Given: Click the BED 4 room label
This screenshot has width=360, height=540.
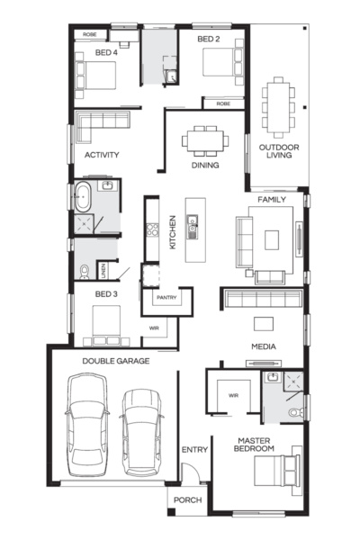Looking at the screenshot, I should tap(106, 52).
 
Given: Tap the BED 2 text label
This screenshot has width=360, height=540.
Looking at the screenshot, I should tap(208, 40).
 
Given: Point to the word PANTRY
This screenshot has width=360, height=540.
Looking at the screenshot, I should tap(166, 297).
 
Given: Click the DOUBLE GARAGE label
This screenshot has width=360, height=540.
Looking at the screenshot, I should tap(115, 361).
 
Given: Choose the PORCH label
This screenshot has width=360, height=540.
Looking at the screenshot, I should tap(187, 501).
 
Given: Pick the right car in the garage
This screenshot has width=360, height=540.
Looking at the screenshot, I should tap(140, 431).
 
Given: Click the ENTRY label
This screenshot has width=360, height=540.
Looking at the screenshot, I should tap(194, 449).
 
